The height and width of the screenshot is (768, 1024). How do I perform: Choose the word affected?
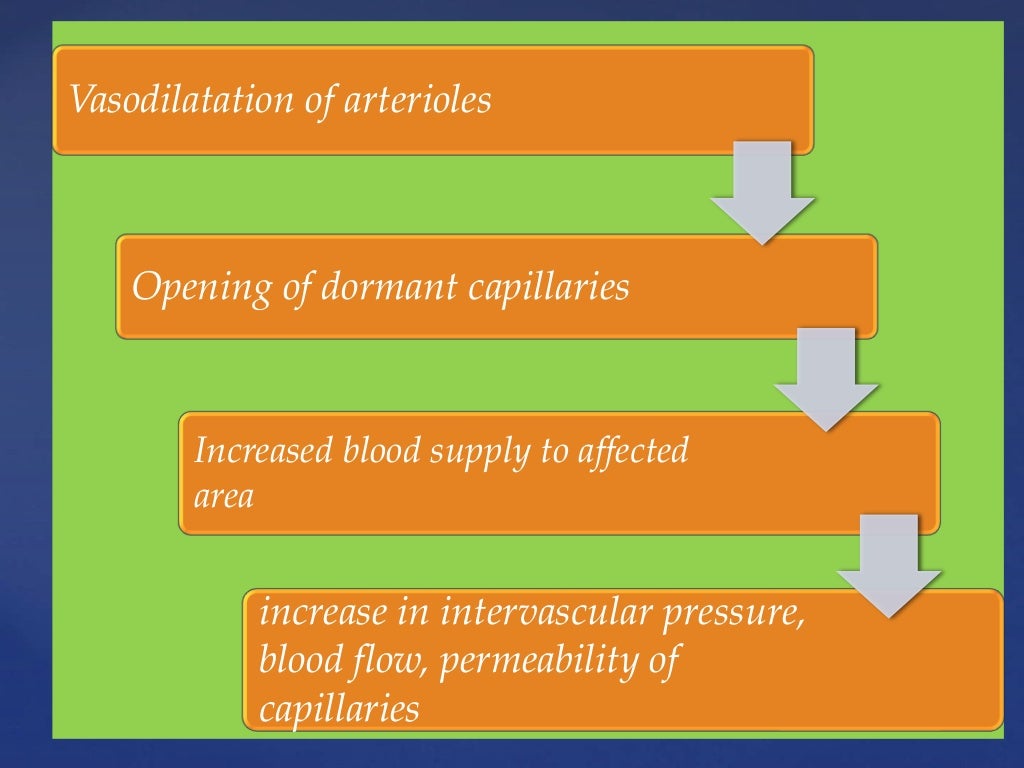[x=633, y=451]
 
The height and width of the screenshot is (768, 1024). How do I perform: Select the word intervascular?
[x=545, y=612]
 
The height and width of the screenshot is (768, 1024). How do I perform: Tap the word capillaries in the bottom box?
[x=339, y=709]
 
